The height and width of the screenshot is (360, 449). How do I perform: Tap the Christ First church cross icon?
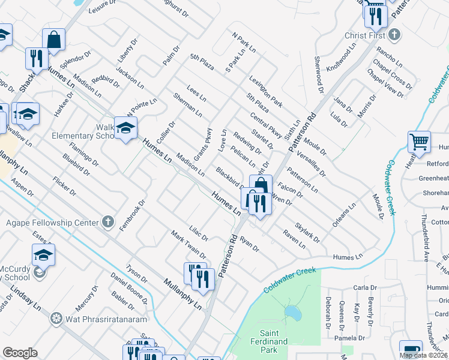pos(393,35)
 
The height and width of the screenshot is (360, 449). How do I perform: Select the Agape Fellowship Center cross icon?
pos(107,223)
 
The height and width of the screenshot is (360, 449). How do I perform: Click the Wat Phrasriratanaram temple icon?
pos(56,317)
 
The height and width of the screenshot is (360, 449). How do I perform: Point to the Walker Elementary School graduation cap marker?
pos(125,128)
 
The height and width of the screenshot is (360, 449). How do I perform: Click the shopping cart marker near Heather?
pos(419,142)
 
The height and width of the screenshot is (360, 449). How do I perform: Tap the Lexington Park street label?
pos(265,92)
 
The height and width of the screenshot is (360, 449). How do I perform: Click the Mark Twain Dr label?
pos(188,244)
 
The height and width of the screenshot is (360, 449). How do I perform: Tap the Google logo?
pos(20,353)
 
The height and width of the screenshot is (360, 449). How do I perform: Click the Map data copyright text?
pos(424,355)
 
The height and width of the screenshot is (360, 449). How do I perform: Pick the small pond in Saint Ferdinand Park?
pos(293,313)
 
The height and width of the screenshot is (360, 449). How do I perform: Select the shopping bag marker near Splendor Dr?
pos(53,39)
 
